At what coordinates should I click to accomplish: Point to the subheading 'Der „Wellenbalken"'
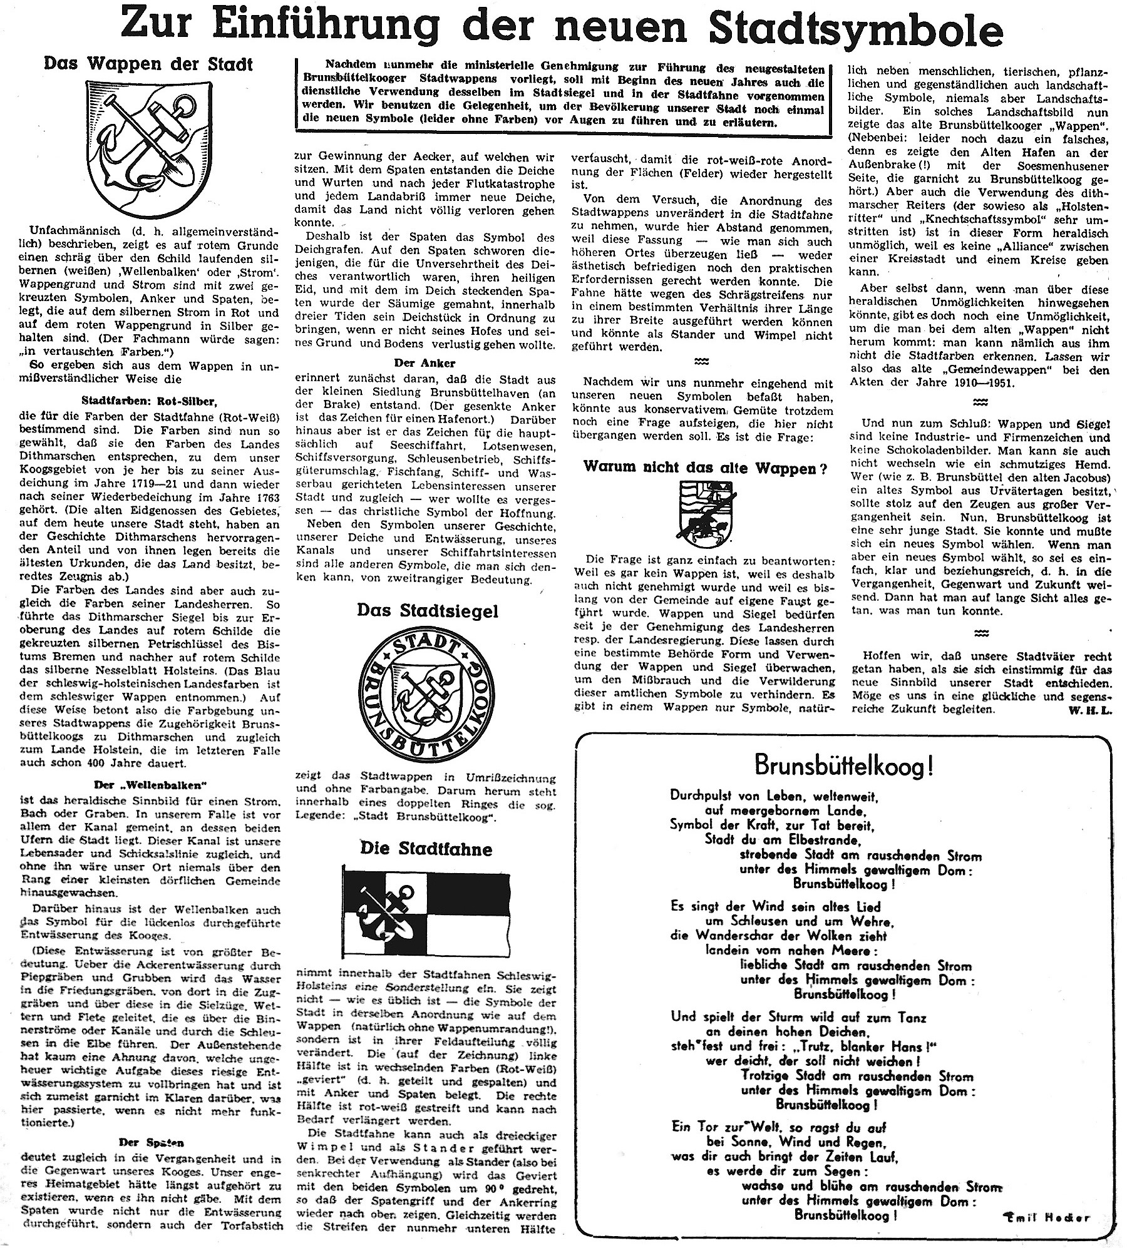click(147, 785)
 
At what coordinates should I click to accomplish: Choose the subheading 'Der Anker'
click(425, 364)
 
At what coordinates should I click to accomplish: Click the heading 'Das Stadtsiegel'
click(428, 611)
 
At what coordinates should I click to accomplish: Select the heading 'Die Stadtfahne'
click(426, 849)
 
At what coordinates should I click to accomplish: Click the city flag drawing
click(426, 918)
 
